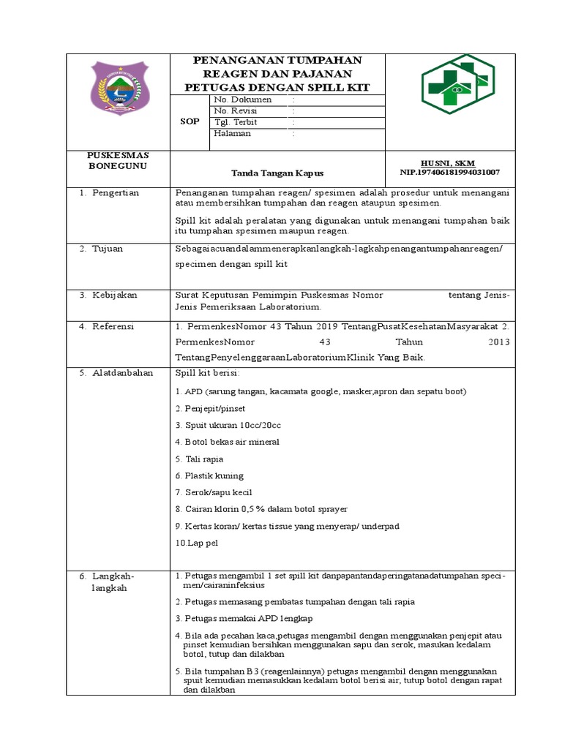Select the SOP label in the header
click(190, 122)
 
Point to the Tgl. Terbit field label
click(236, 122)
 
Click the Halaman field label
click(233, 134)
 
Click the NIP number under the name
click(450, 173)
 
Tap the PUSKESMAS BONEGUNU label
click(118, 161)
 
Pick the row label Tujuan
click(108, 249)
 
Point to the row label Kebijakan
click(115, 296)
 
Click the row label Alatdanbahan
click(122, 373)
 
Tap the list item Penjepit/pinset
click(209, 408)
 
